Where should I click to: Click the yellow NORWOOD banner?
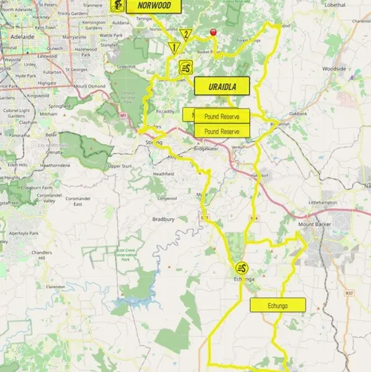[154, 6]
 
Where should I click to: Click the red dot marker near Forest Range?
[214, 32]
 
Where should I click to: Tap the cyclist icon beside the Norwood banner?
[117, 5]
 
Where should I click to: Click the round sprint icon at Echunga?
[242, 268]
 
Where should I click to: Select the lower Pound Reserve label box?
[221, 131]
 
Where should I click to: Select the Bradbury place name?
[163, 219]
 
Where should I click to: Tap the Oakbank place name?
[298, 114]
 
